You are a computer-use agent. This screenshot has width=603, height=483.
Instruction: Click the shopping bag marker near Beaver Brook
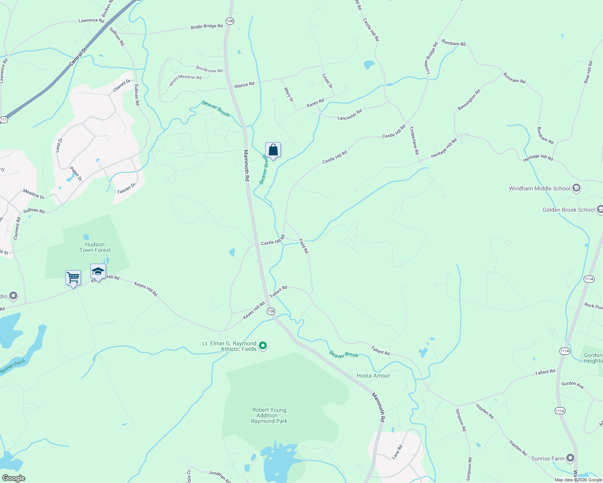click(x=273, y=150)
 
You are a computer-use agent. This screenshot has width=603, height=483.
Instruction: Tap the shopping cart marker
click(x=73, y=278)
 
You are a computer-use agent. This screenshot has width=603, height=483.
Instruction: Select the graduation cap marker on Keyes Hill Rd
click(x=98, y=272)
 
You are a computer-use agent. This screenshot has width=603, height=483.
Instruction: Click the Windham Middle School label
click(x=539, y=188)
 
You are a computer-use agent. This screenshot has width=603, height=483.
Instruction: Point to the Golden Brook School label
click(x=568, y=210)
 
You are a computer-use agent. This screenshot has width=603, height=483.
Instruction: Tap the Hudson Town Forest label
click(x=95, y=247)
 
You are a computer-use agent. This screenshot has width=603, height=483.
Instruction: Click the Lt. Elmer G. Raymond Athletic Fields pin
click(x=262, y=346)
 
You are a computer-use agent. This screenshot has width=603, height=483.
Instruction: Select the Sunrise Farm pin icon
click(x=570, y=458)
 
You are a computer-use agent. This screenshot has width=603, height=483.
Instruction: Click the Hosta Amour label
click(x=373, y=376)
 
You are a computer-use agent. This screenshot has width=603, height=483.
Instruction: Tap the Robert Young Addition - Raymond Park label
click(x=269, y=415)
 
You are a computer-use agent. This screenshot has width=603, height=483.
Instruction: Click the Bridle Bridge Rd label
click(x=206, y=27)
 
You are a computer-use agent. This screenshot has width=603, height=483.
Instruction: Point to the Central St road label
click(x=78, y=57)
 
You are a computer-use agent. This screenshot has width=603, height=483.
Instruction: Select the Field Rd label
click(x=304, y=246)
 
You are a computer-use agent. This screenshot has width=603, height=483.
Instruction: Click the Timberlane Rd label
click(x=414, y=140)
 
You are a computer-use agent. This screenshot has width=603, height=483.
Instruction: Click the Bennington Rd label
click(x=469, y=100)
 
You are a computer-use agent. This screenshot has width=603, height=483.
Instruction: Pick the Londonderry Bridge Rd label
click(x=430, y=58)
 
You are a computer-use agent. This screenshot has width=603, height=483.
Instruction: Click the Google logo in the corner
click(x=13, y=478)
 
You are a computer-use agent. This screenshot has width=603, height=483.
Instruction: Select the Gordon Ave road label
click(x=572, y=385)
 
